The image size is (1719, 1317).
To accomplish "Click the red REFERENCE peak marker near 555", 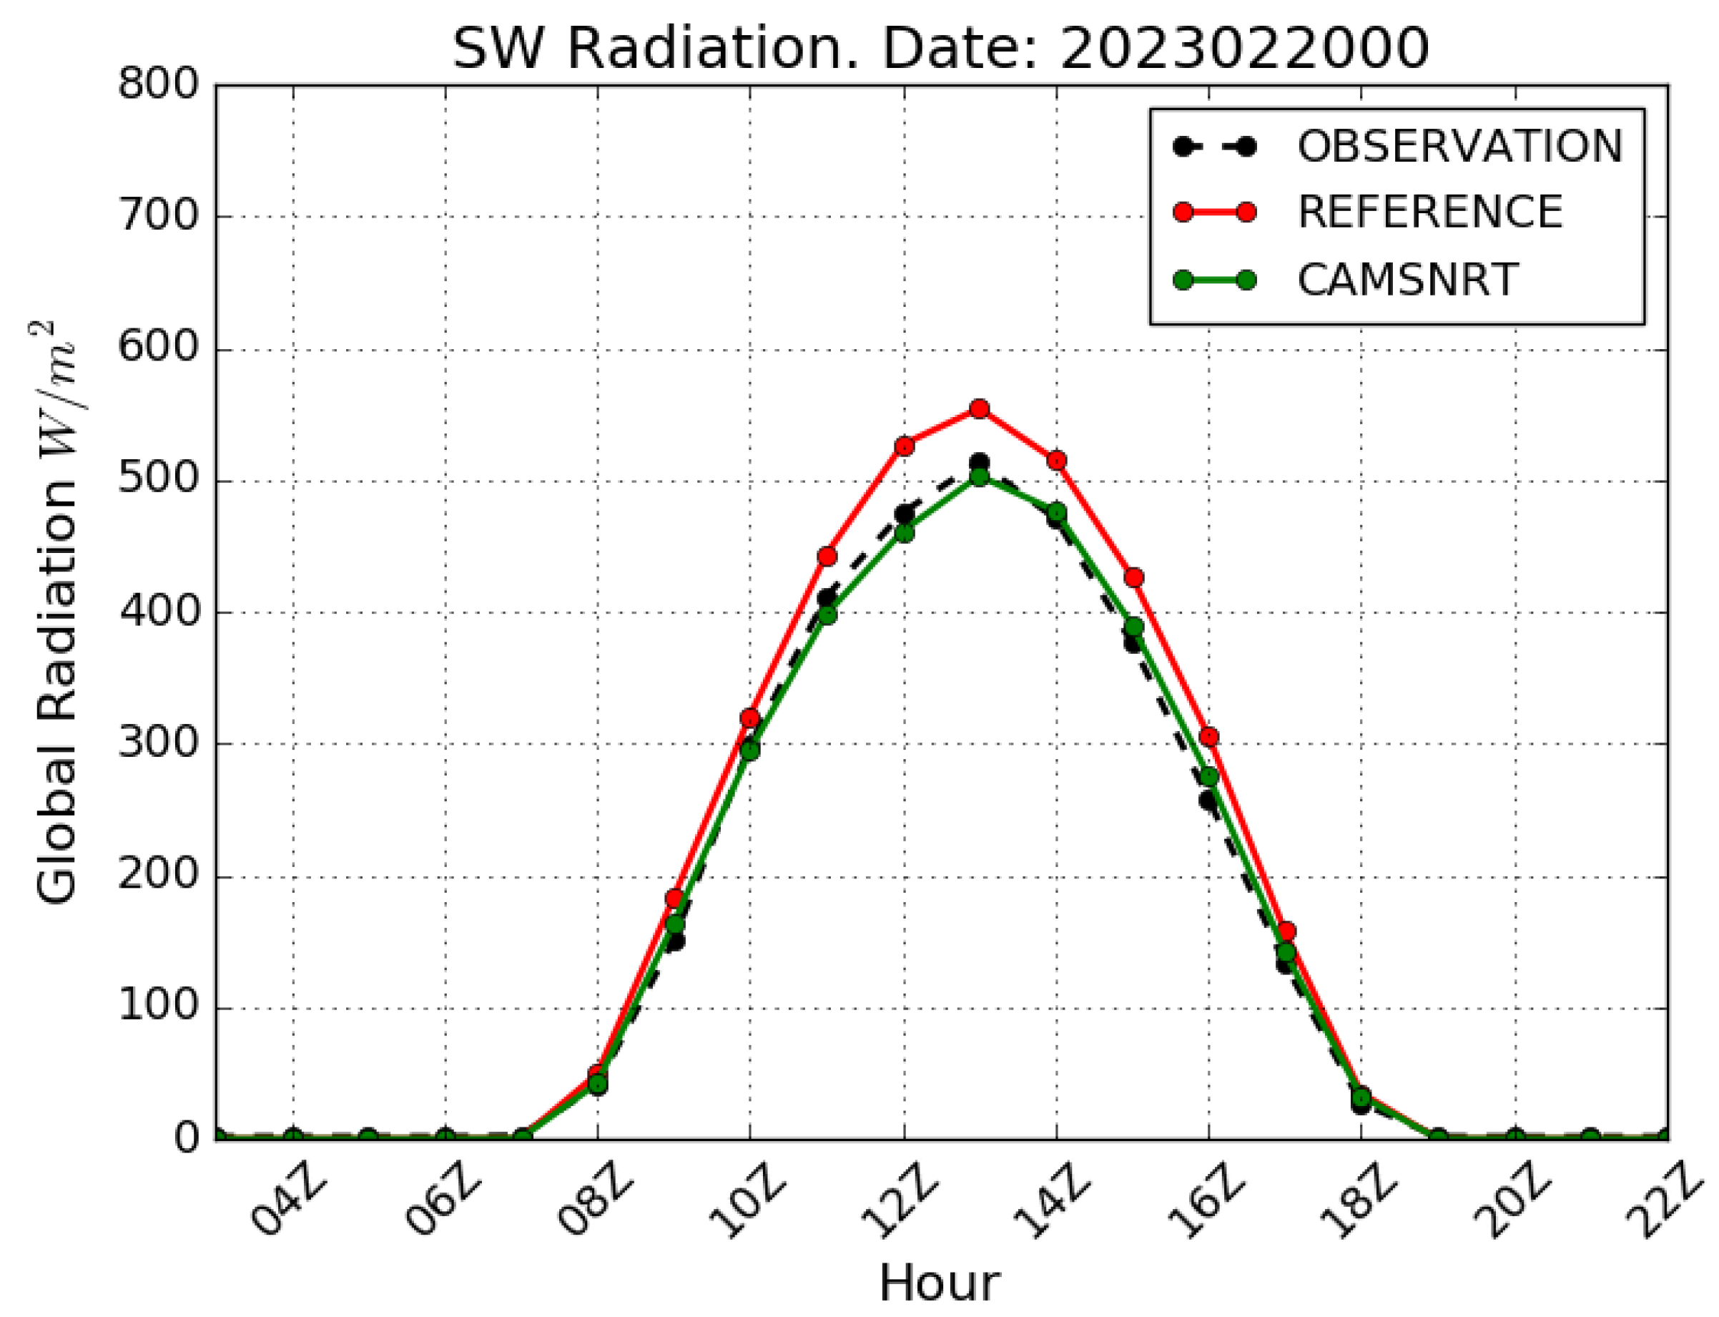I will [x=979, y=408].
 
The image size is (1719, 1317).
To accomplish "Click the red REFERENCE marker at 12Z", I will [x=904, y=446].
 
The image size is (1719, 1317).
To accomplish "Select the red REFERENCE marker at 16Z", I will [x=1208, y=737].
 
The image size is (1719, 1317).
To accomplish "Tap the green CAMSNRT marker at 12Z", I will [x=904, y=533].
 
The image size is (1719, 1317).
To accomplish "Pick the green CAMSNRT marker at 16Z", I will [x=1208, y=777].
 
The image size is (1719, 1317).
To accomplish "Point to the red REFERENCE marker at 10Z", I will [x=750, y=719].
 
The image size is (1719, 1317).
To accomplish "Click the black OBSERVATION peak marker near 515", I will [x=979, y=463].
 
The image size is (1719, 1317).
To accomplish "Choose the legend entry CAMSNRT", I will [x=1408, y=280].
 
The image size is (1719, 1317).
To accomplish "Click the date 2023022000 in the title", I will [x=1244, y=49].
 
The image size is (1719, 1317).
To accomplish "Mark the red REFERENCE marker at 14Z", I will [x=1056, y=460].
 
